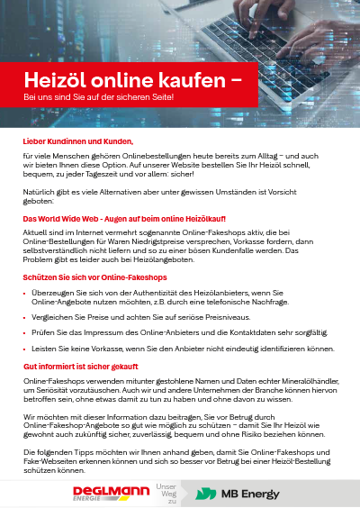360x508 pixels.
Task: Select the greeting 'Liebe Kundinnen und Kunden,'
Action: (78, 141)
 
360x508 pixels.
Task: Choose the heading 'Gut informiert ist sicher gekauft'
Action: (80, 367)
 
